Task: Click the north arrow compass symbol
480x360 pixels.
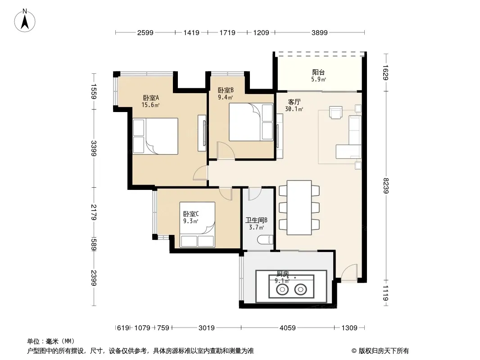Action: tap(25, 21)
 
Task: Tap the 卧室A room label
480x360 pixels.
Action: tap(151, 98)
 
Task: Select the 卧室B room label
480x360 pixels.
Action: tap(226, 90)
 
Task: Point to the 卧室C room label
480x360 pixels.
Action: tap(191, 214)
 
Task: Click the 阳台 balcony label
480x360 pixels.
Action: tap(318, 72)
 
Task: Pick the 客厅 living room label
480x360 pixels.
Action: tap(294, 102)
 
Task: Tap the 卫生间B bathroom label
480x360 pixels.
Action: tap(257, 220)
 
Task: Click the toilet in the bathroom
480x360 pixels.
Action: tap(265, 239)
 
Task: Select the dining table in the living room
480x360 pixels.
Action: tap(299, 208)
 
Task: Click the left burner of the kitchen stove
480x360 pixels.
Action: tap(282, 289)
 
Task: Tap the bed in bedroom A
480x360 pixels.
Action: tap(155, 136)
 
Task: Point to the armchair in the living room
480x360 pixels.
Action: tap(335, 112)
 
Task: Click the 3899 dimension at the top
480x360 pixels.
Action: tap(320, 32)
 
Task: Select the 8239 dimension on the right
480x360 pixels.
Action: tap(386, 186)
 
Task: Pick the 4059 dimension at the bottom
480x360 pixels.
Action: tap(288, 328)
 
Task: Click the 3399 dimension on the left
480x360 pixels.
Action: tap(94, 148)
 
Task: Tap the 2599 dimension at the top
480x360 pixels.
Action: tap(145, 32)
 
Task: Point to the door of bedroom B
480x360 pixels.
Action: tap(226, 150)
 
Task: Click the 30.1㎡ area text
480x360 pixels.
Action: tap(294, 109)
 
